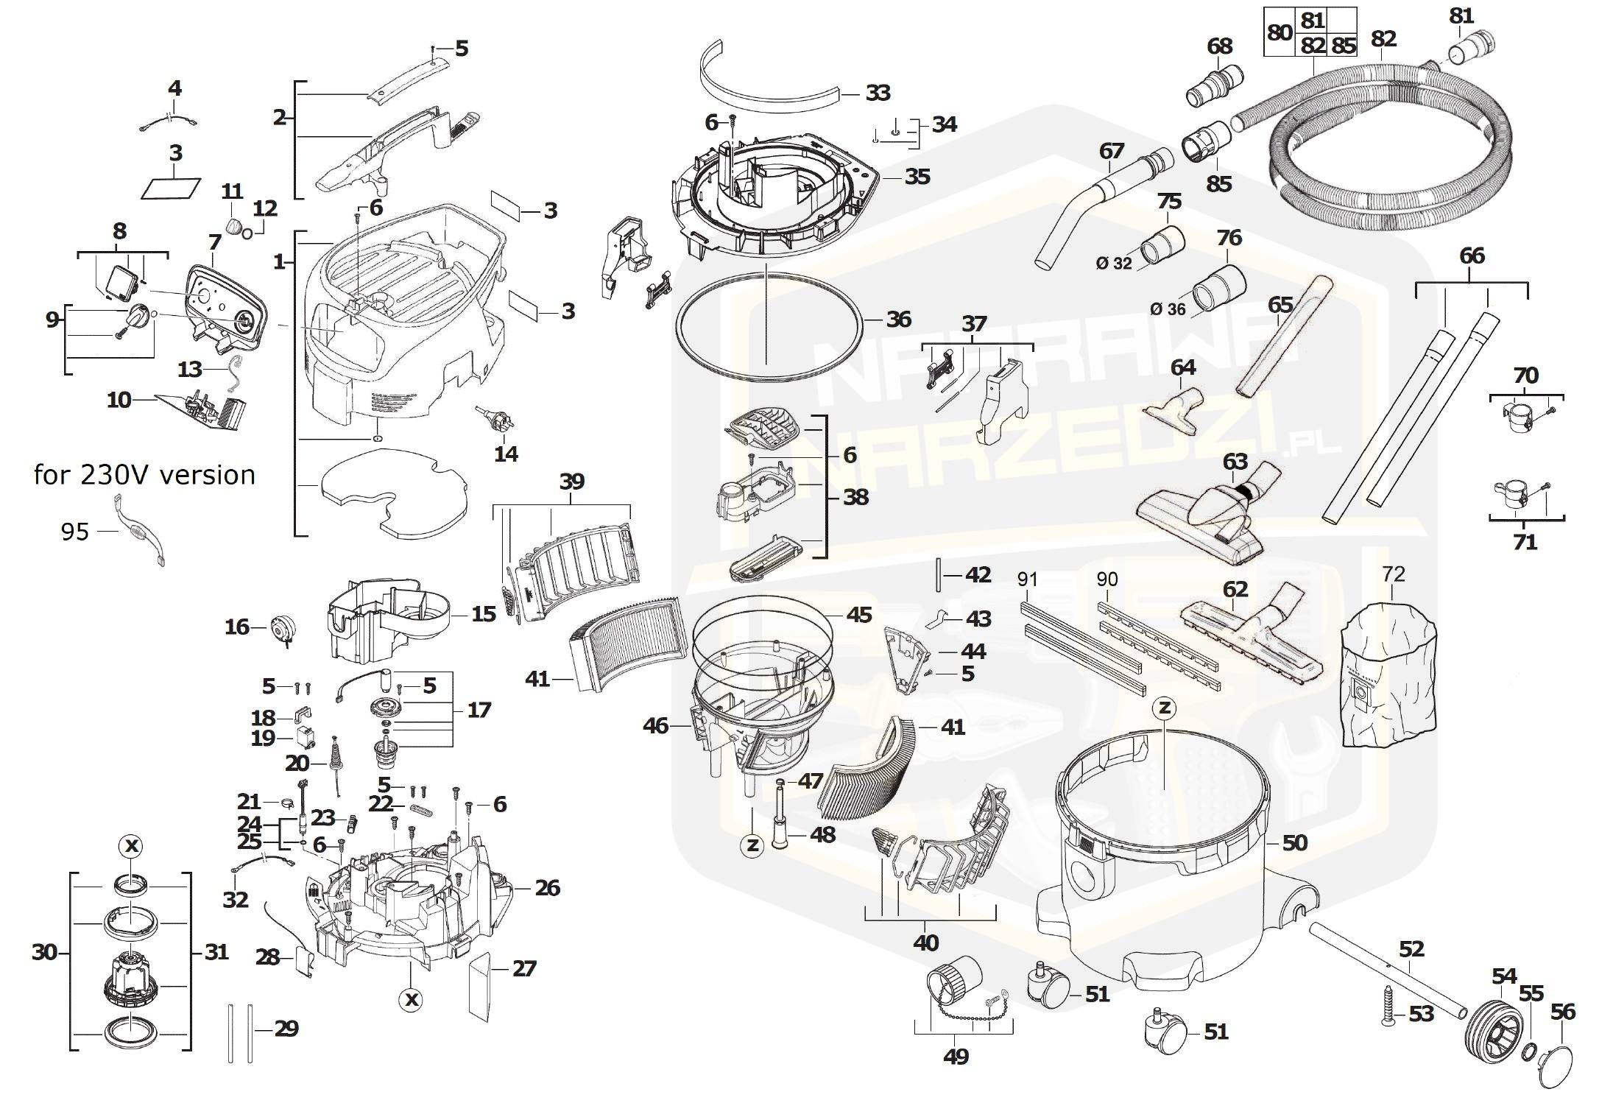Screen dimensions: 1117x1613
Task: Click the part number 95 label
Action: pos(74,532)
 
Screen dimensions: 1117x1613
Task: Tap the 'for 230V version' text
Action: pos(144,475)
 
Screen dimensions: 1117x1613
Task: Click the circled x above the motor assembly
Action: pos(131,847)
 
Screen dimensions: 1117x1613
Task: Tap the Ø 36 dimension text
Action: pos(1168,309)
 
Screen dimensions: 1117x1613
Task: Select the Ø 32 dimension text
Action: pos(1113,263)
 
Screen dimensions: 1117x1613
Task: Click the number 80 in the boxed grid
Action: pos(1280,32)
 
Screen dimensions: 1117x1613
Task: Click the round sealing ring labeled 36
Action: pos(769,323)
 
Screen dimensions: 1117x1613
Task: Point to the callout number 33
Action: pos(878,93)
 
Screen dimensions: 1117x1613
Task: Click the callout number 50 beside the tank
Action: pos(1294,842)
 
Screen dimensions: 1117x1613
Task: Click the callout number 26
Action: pos(547,888)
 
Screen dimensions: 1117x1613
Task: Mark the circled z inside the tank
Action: pos(1164,708)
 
